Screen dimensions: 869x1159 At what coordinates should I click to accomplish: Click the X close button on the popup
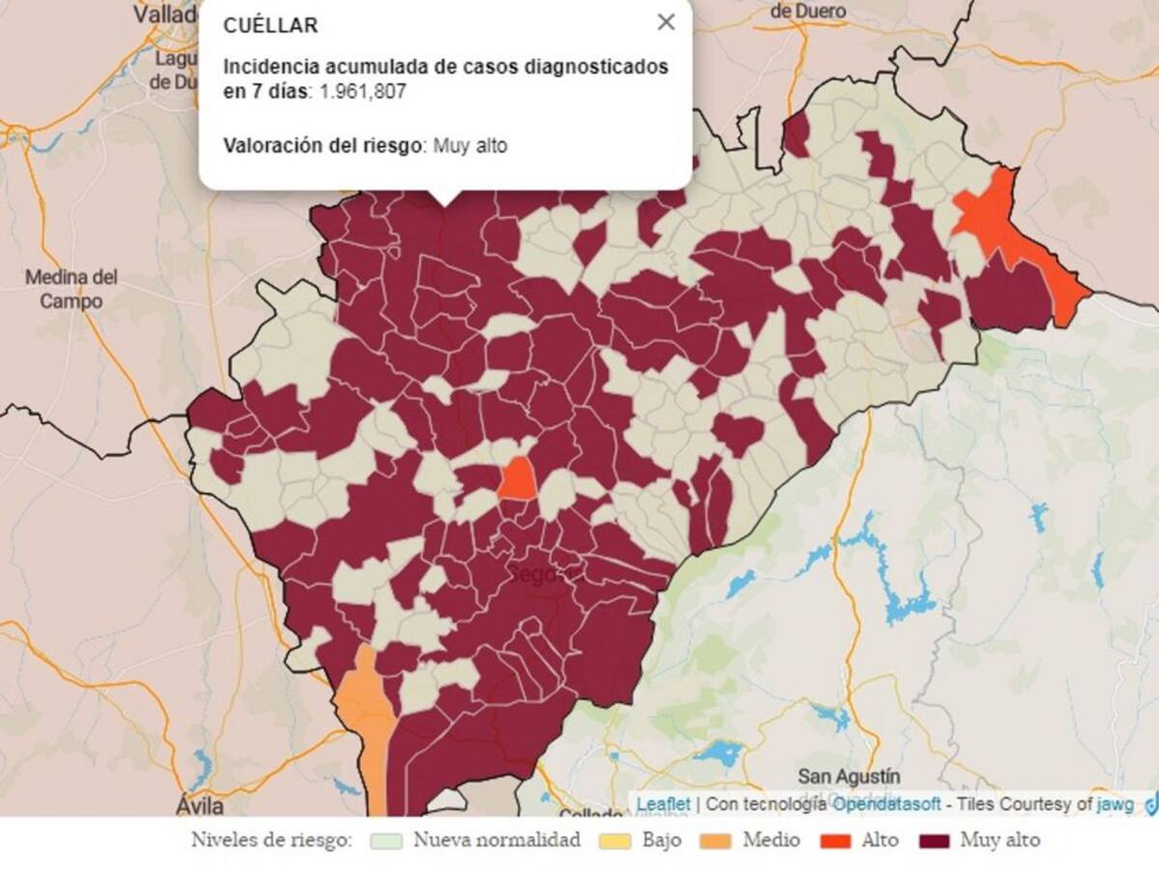[x=665, y=22]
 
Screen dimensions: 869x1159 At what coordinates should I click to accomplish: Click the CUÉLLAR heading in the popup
[x=270, y=26]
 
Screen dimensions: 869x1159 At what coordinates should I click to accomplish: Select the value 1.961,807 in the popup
[x=364, y=92]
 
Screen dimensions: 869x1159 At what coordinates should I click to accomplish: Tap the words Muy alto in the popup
[x=469, y=146]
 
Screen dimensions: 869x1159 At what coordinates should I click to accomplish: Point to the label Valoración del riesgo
[x=324, y=146]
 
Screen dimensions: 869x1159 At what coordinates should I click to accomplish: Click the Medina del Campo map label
[x=71, y=289]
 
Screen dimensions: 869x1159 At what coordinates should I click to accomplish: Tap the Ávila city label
[x=201, y=805]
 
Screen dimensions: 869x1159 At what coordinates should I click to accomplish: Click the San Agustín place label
[x=849, y=776]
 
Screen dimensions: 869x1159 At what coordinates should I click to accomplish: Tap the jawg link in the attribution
[x=1115, y=803]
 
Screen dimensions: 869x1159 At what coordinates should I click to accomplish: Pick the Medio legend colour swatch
[x=714, y=841]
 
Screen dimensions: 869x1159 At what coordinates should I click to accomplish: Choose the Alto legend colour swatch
[x=836, y=841]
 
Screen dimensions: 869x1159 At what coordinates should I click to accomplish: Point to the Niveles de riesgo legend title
[x=273, y=840]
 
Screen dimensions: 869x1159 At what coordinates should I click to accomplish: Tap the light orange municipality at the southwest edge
[x=365, y=715]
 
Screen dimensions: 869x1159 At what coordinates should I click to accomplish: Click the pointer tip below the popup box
[x=445, y=200]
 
